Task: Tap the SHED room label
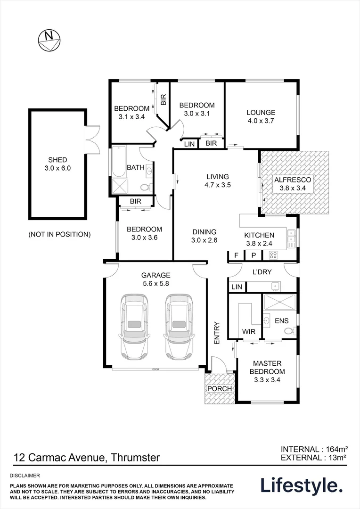coord(57,164)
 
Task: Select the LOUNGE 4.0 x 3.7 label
coord(261,116)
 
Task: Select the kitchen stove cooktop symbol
coord(272,255)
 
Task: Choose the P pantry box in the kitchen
coord(253,255)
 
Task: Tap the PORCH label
coord(220,389)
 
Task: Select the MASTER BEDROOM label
coord(267,367)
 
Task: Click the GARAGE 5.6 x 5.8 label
coord(155,279)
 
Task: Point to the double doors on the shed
coord(93,139)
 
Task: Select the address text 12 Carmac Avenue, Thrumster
coord(87,457)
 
